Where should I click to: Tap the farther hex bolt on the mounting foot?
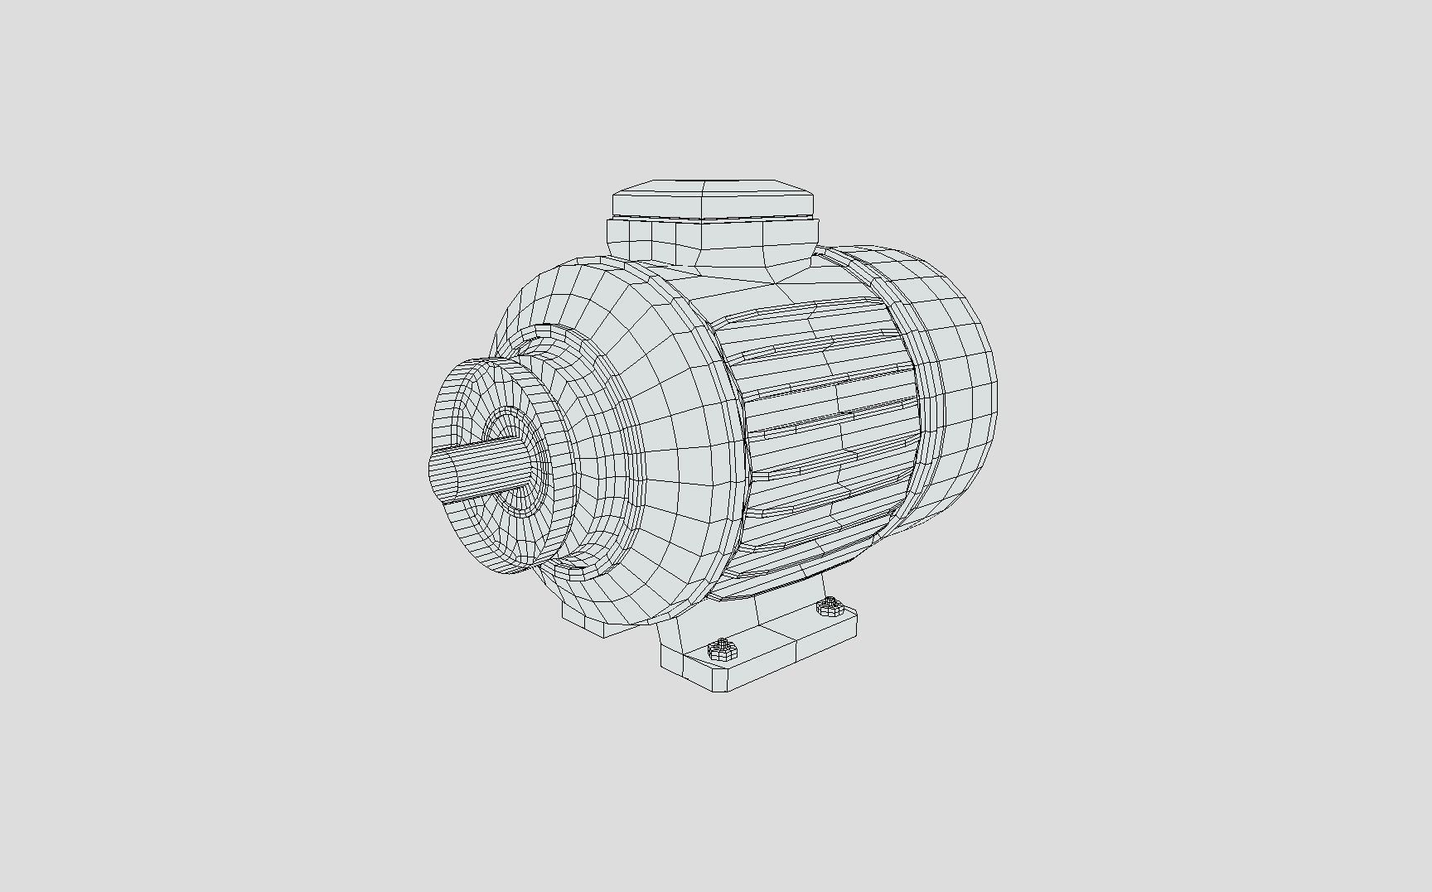828,607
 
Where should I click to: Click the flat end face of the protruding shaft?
433,469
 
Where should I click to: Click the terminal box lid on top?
713,199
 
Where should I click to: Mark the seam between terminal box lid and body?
713,219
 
